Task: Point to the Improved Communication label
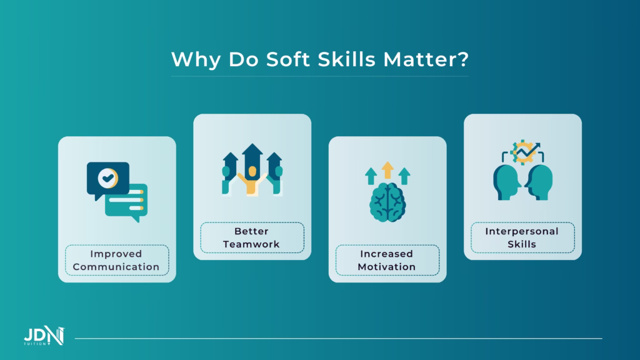pos(116,261)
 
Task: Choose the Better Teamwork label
pos(252,237)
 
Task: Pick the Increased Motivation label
pos(387,261)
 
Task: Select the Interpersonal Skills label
pos(522,237)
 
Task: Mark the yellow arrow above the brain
pos(387,170)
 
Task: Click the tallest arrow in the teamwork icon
pos(252,156)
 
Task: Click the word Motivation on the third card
pos(387,267)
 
